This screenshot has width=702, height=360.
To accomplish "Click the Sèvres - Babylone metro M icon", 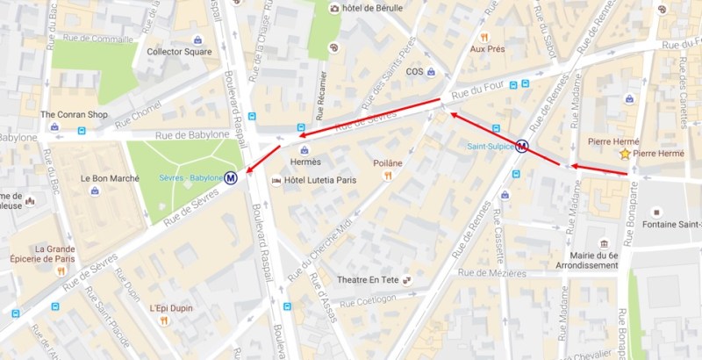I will (231, 177).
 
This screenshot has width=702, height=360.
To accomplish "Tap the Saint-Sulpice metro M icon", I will (522, 147).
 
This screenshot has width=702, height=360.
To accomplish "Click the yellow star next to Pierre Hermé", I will (625, 154).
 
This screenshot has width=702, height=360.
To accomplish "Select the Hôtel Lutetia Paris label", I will (322, 180).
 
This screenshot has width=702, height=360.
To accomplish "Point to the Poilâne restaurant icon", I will (387, 176).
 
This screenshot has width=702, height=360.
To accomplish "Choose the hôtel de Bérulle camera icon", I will (334, 8).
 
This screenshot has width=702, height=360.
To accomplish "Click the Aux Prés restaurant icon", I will (484, 37).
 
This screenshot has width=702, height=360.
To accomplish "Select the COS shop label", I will (414, 72).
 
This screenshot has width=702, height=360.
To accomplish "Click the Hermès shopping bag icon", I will (304, 150).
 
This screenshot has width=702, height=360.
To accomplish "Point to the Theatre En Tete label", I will (369, 280).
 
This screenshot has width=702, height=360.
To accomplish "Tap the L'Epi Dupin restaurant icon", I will (163, 321).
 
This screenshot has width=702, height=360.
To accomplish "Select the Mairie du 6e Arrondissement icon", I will (604, 243).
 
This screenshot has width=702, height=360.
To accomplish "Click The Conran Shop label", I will (74, 115).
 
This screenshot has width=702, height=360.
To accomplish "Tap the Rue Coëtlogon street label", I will (370, 303).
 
